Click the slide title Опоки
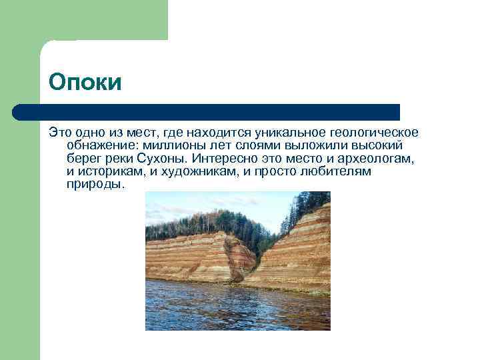tap(85, 83)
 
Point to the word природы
tap(95, 185)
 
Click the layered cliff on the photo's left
tap(193, 257)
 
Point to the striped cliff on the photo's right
tap(300, 253)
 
